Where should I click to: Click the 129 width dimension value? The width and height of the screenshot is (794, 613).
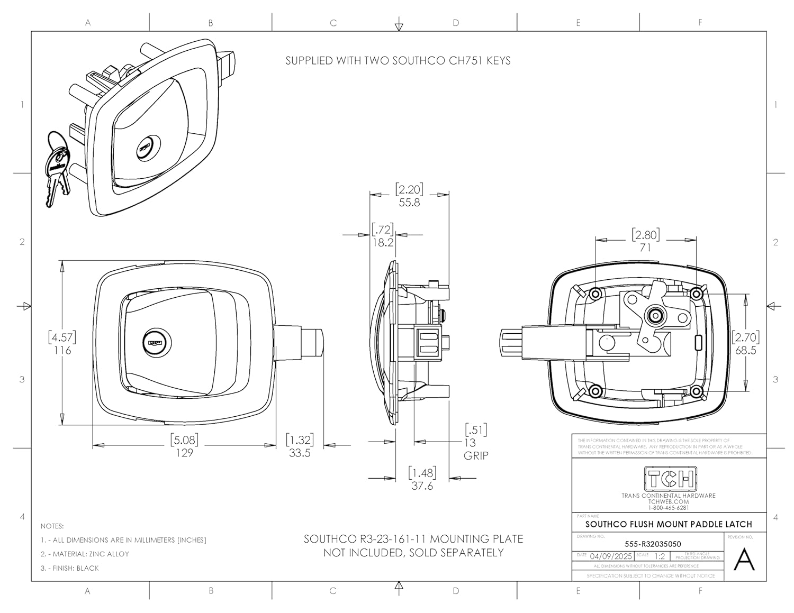pos(184,453)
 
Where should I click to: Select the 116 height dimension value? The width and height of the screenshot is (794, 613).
pos(62,351)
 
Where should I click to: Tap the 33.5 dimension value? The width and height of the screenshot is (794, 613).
pos(300,453)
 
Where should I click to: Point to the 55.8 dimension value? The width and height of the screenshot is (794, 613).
pos(409,203)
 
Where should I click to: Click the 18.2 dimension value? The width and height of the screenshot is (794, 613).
pos(383,243)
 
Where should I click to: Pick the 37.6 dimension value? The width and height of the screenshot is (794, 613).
pos(422,486)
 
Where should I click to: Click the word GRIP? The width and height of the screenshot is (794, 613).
pos(476,456)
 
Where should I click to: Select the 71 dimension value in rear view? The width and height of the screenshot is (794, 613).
pos(645,248)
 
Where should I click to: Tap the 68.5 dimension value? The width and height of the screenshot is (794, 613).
pos(745,351)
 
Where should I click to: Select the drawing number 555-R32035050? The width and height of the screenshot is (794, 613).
pos(653,544)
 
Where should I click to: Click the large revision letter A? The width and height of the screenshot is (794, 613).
pos(744,560)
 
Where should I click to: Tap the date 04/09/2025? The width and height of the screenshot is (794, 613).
pos(611,556)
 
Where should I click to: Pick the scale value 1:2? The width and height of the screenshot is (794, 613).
pos(660,556)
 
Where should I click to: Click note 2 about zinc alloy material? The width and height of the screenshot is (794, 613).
pos(85,554)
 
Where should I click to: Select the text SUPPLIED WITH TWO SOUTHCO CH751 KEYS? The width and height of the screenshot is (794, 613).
pos(398,61)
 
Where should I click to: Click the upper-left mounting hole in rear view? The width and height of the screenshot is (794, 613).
pos(595,294)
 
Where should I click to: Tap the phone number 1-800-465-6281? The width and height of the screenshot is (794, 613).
pos(669,508)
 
